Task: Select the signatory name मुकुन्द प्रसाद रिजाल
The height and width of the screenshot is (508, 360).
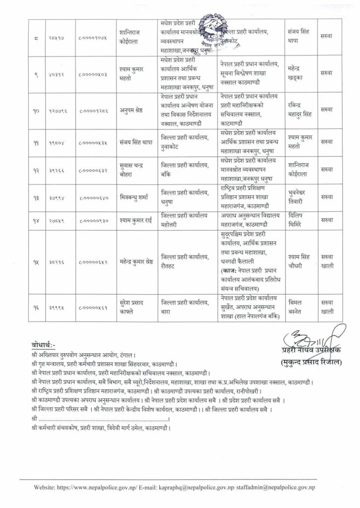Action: point(310,361)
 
